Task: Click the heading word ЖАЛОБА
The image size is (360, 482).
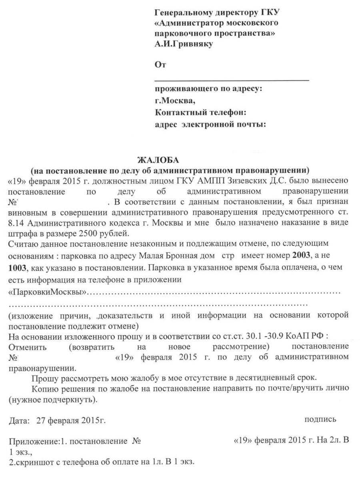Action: (x=158, y=160)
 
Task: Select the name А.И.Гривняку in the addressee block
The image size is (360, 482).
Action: (x=184, y=44)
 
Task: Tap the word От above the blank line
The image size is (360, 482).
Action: (x=160, y=65)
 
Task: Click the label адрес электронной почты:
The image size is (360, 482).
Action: (x=210, y=124)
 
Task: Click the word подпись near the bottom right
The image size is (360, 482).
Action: (x=320, y=419)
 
